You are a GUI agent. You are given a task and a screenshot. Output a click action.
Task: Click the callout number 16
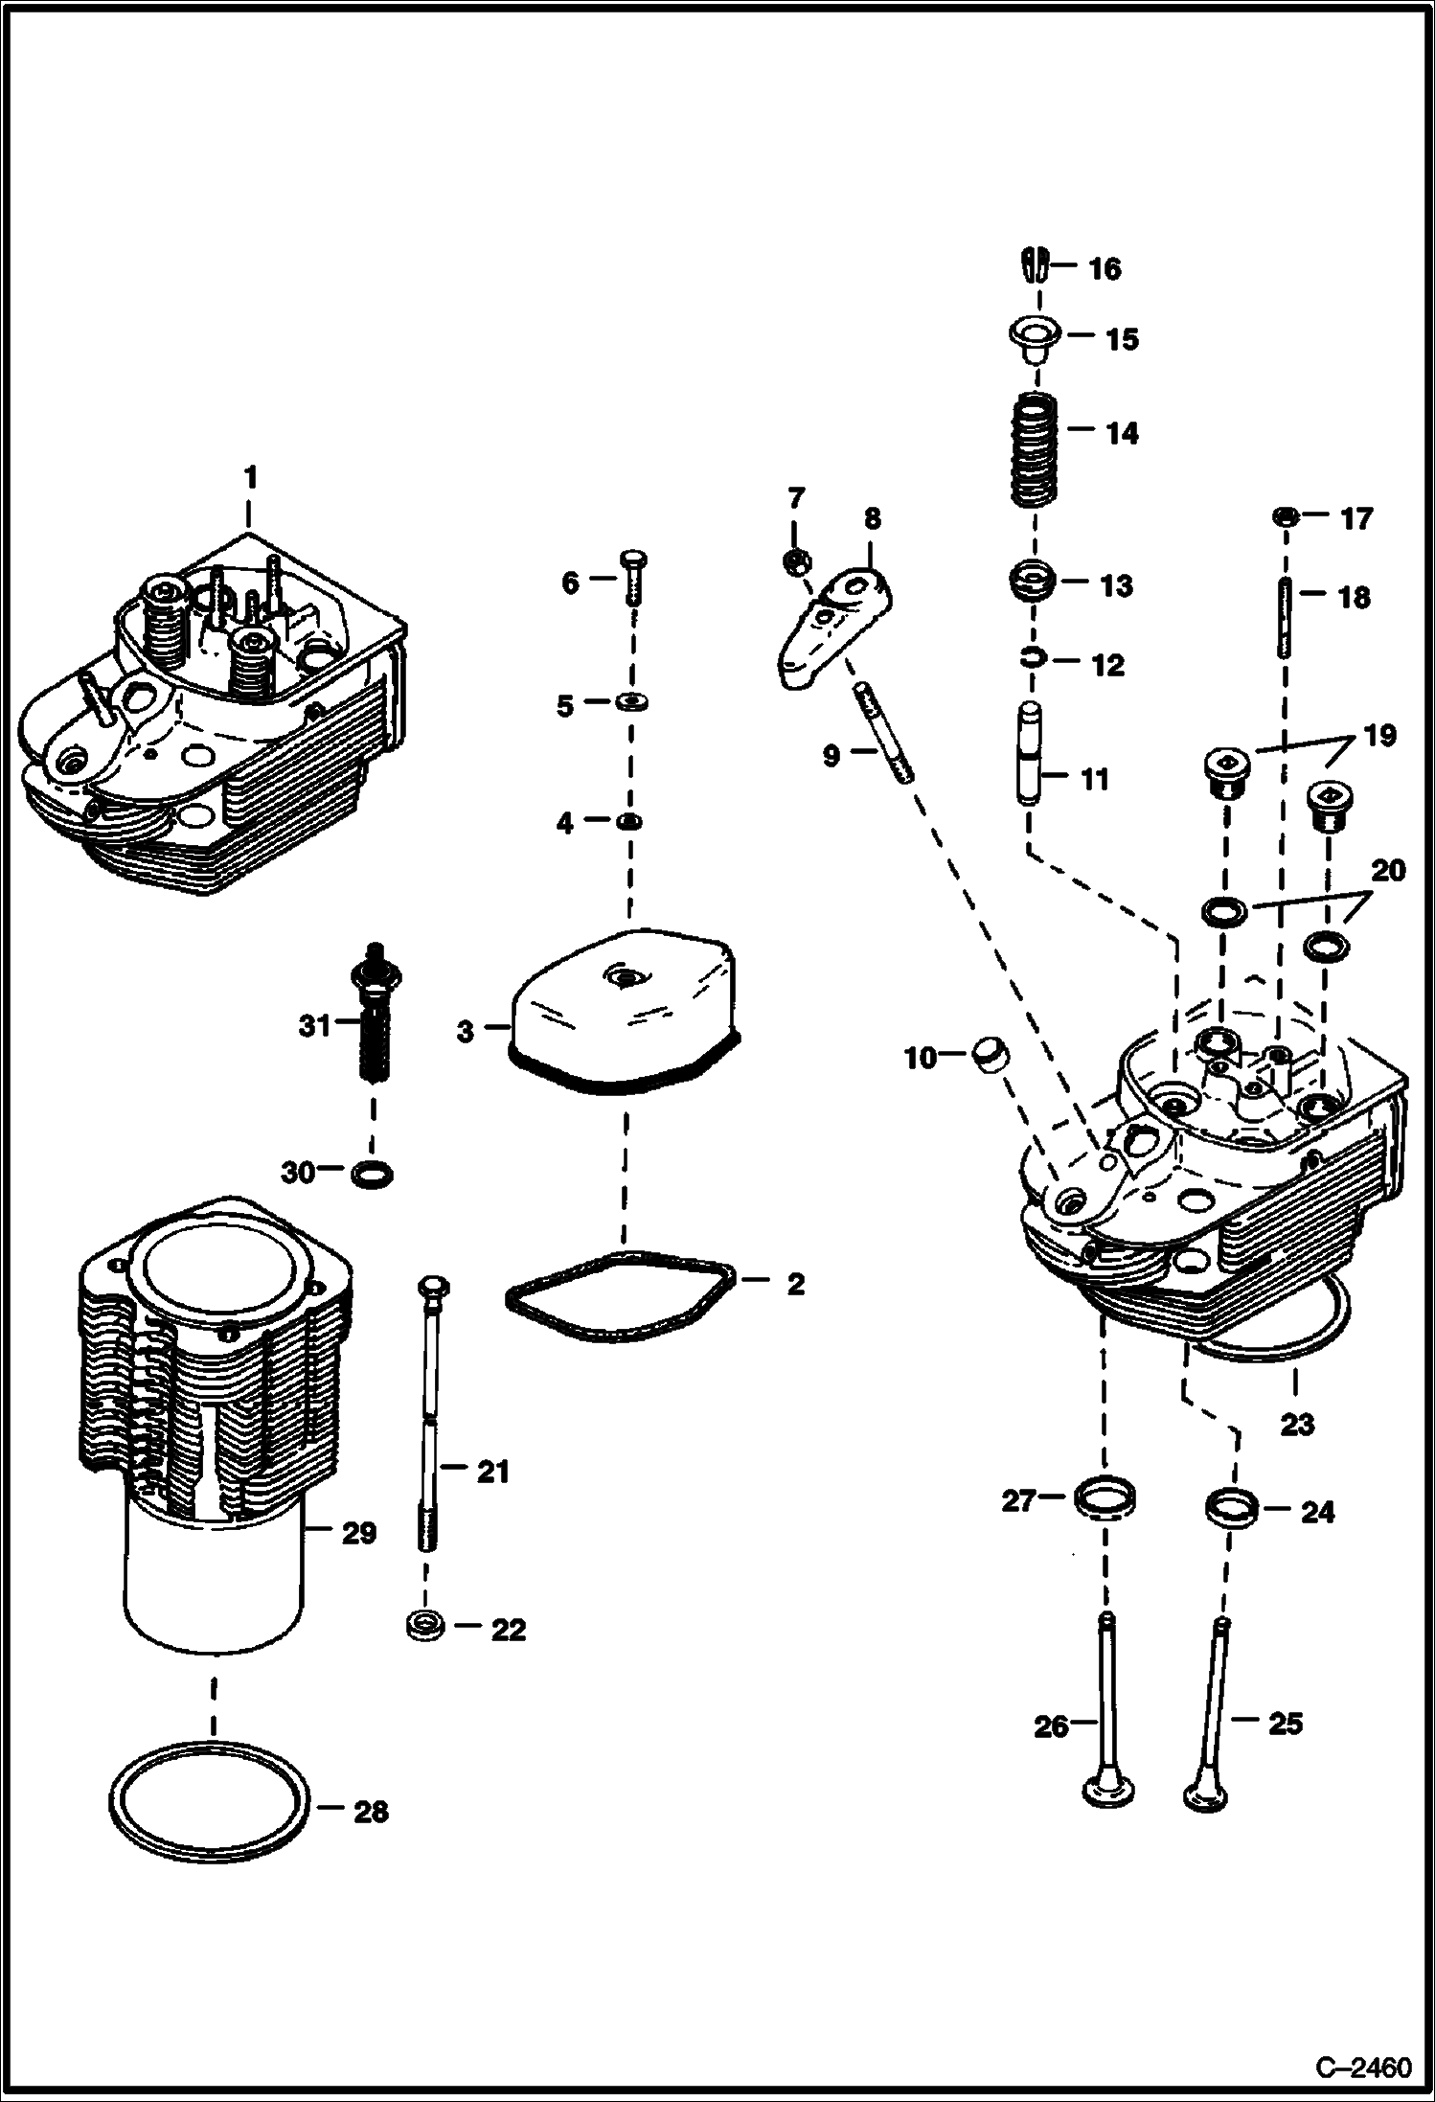click(x=1105, y=269)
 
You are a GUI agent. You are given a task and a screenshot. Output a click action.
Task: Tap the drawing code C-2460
click(x=1362, y=2068)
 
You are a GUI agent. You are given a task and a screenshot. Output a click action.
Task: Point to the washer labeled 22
click(x=421, y=1625)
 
